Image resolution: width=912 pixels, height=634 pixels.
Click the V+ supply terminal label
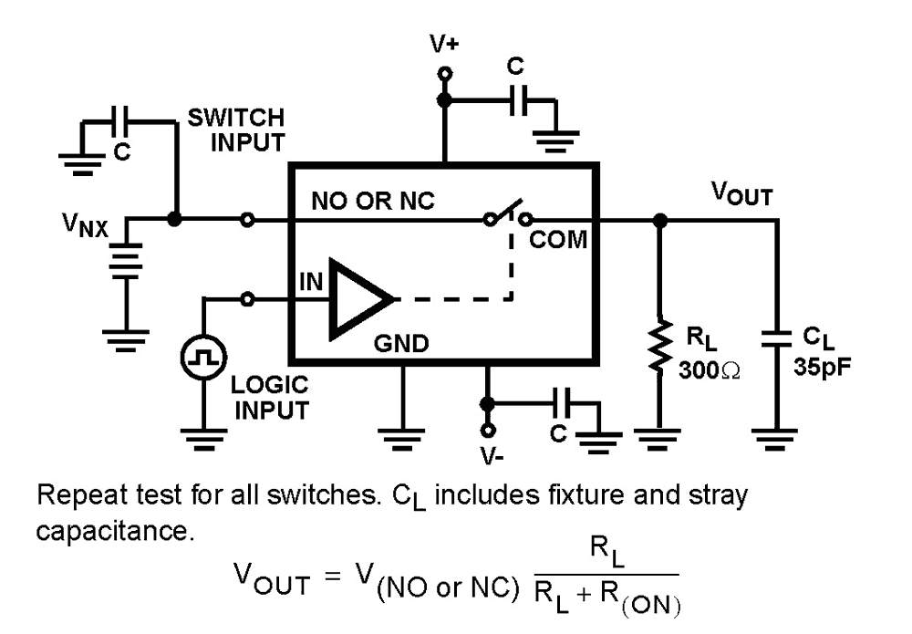point(444,43)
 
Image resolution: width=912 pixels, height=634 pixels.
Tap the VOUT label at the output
point(742,193)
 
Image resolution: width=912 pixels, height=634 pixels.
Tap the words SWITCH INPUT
point(236,130)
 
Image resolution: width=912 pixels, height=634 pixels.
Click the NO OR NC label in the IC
point(375,203)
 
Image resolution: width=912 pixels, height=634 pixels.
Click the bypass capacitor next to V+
point(517,100)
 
